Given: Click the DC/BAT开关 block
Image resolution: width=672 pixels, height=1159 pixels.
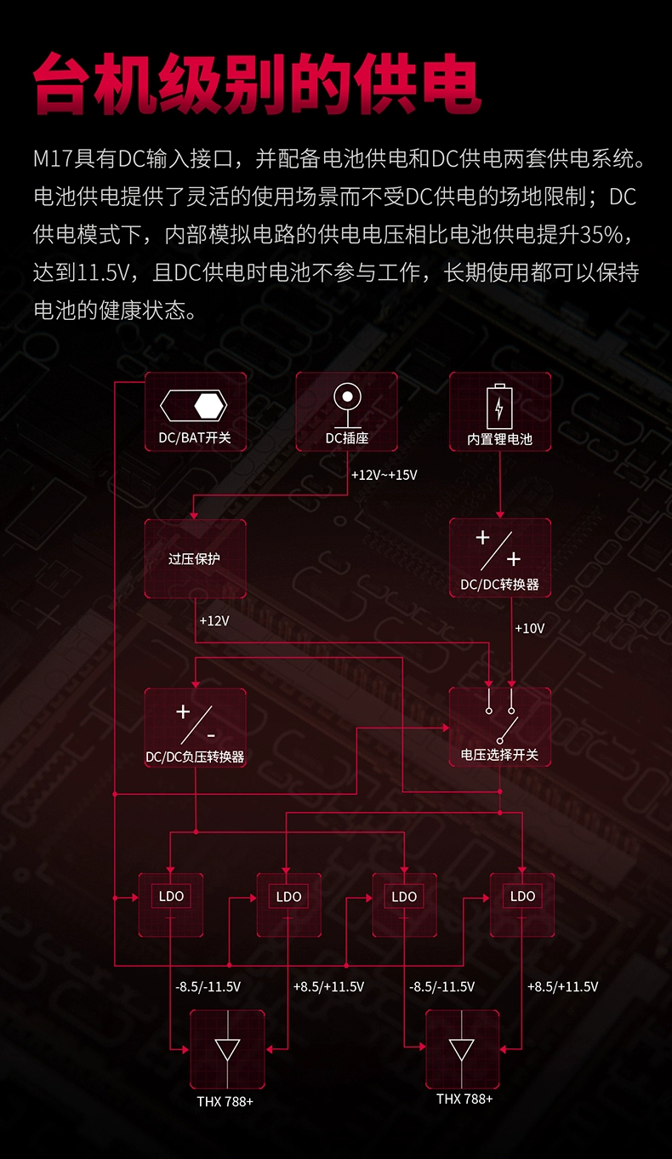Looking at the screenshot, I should (x=195, y=412).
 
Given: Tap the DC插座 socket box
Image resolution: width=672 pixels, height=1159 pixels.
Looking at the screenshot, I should (x=346, y=412).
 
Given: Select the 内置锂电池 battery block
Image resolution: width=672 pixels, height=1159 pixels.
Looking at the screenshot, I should (x=499, y=412).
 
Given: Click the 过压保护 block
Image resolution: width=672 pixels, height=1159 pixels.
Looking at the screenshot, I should (x=195, y=558).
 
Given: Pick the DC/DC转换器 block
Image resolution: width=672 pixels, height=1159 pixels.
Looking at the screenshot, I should (x=499, y=558).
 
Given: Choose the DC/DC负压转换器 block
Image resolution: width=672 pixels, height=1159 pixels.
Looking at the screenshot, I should (x=195, y=728).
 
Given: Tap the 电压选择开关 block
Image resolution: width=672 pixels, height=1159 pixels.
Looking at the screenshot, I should (x=499, y=728).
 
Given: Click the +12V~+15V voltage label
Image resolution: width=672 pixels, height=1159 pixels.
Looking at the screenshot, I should (x=384, y=475).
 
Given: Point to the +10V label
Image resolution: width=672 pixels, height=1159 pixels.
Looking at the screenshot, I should (x=529, y=629).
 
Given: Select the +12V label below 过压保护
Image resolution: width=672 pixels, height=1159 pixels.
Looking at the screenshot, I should (x=214, y=621).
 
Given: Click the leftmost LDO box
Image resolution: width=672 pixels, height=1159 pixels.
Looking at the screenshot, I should (x=171, y=905).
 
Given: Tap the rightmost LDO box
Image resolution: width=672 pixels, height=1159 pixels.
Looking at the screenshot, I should (x=522, y=905).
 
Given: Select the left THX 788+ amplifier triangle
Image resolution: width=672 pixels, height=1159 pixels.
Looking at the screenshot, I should (x=227, y=1049).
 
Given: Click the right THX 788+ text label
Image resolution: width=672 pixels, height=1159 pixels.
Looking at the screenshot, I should (x=464, y=1099).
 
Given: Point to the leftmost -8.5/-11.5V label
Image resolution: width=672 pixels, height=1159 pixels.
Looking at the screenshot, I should (x=208, y=987).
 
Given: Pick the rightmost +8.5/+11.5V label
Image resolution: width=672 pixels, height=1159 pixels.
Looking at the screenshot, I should (x=562, y=987).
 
